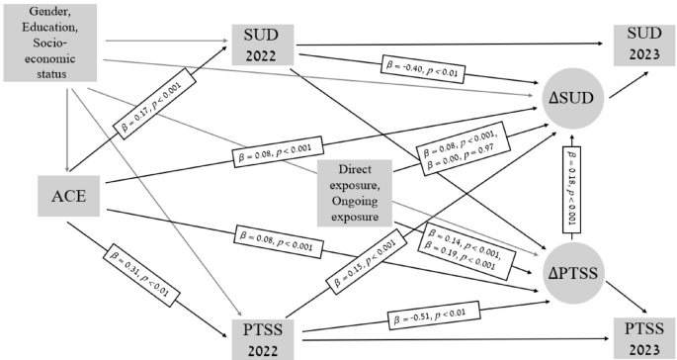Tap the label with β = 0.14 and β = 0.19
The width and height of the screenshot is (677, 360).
coord(467,247)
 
